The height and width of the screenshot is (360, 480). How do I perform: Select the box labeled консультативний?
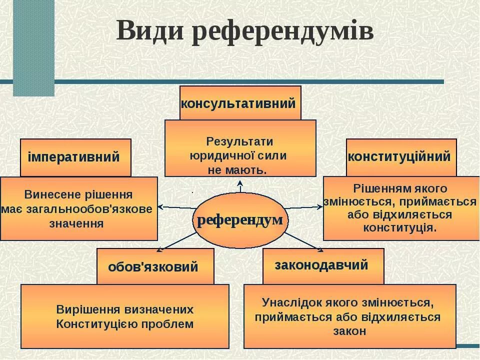tap(240, 103)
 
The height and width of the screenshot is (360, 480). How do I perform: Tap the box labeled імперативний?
tap(75, 157)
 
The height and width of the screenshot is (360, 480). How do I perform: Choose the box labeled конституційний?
tap(401, 157)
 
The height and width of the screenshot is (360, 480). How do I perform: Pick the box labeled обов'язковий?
tap(155, 266)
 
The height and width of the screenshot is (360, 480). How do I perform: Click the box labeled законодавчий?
tap(323, 265)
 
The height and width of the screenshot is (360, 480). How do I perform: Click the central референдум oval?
tap(240, 220)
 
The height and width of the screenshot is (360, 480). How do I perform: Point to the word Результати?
tap(239, 141)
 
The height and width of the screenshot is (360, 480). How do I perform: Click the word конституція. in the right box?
tap(400, 228)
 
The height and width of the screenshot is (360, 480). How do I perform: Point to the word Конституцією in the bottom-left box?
tap(97, 324)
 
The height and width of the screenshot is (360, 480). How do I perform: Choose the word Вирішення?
tap(83, 309)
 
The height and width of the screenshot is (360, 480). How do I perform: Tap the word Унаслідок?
tap(288, 302)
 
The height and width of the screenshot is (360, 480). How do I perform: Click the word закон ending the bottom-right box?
tap(349, 331)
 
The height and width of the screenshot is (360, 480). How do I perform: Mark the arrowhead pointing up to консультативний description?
tap(240, 183)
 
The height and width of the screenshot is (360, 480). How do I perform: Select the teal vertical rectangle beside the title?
tap(33, 47)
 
